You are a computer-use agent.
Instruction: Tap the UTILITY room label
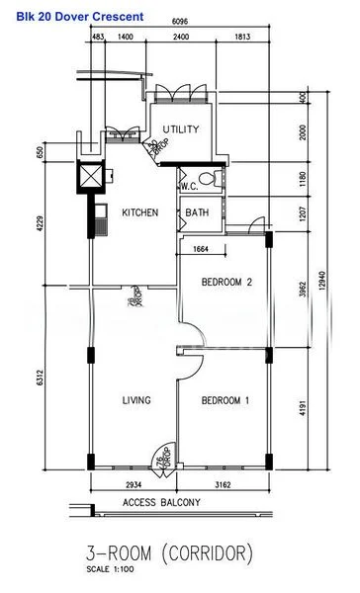[182, 129]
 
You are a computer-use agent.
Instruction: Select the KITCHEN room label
[139, 212]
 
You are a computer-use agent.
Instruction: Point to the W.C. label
[191, 187]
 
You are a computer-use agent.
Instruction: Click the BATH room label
[195, 212]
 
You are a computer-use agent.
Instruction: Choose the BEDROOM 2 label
[226, 282]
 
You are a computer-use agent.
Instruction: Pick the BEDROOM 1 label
[225, 400]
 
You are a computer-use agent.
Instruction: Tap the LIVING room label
[136, 400]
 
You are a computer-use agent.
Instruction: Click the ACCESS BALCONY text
[160, 502]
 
